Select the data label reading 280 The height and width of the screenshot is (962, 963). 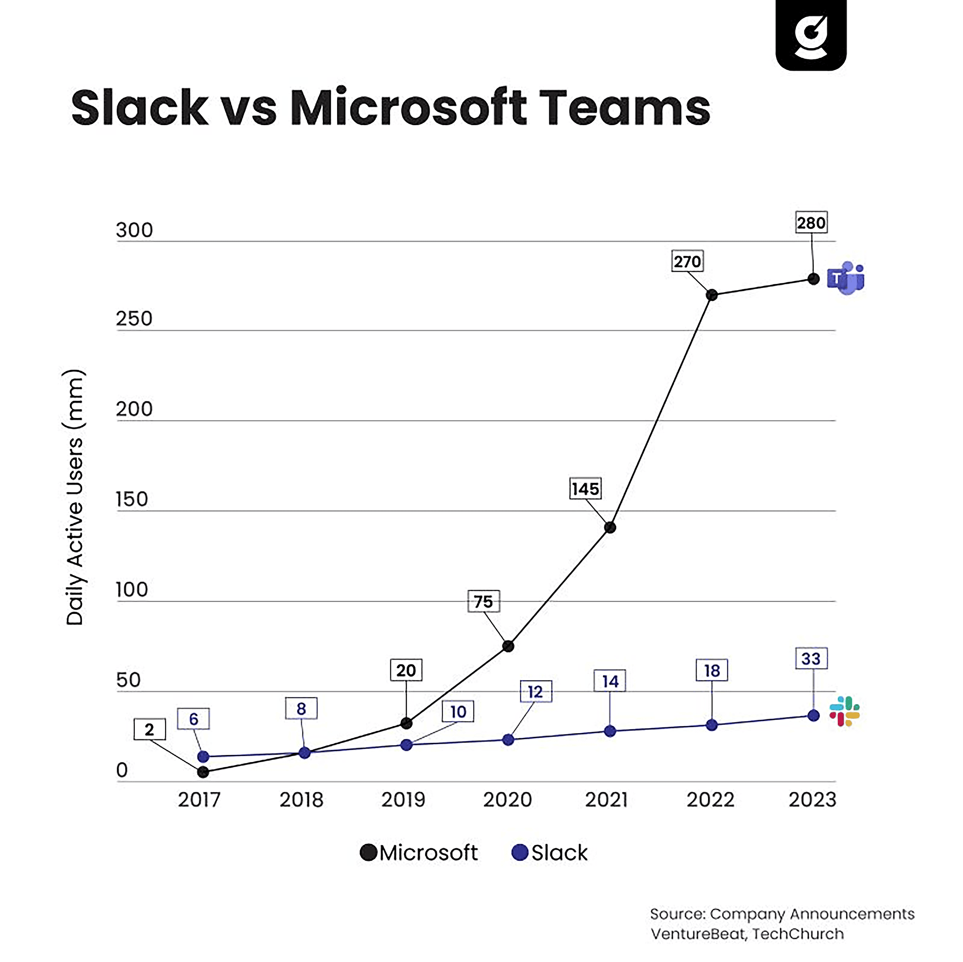tap(811, 223)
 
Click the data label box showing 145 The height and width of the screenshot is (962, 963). tap(585, 489)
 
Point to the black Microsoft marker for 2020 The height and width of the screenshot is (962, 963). tap(508, 646)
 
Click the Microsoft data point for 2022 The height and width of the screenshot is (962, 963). tap(712, 295)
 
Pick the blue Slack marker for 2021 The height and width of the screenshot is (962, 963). tap(610, 731)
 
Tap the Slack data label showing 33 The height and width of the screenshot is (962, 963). tap(811, 658)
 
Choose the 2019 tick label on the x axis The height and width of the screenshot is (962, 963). tap(403, 800)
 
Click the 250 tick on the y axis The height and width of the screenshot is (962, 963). tap(134, 319)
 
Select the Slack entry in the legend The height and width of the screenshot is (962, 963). tap(550, 853)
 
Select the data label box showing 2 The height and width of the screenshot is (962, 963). tap(149, 730)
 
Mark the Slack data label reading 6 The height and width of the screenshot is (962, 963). tap(193, 719)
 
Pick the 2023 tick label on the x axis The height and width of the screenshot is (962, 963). tap(812, 800)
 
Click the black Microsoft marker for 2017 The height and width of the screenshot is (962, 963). tap(203, 772)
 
